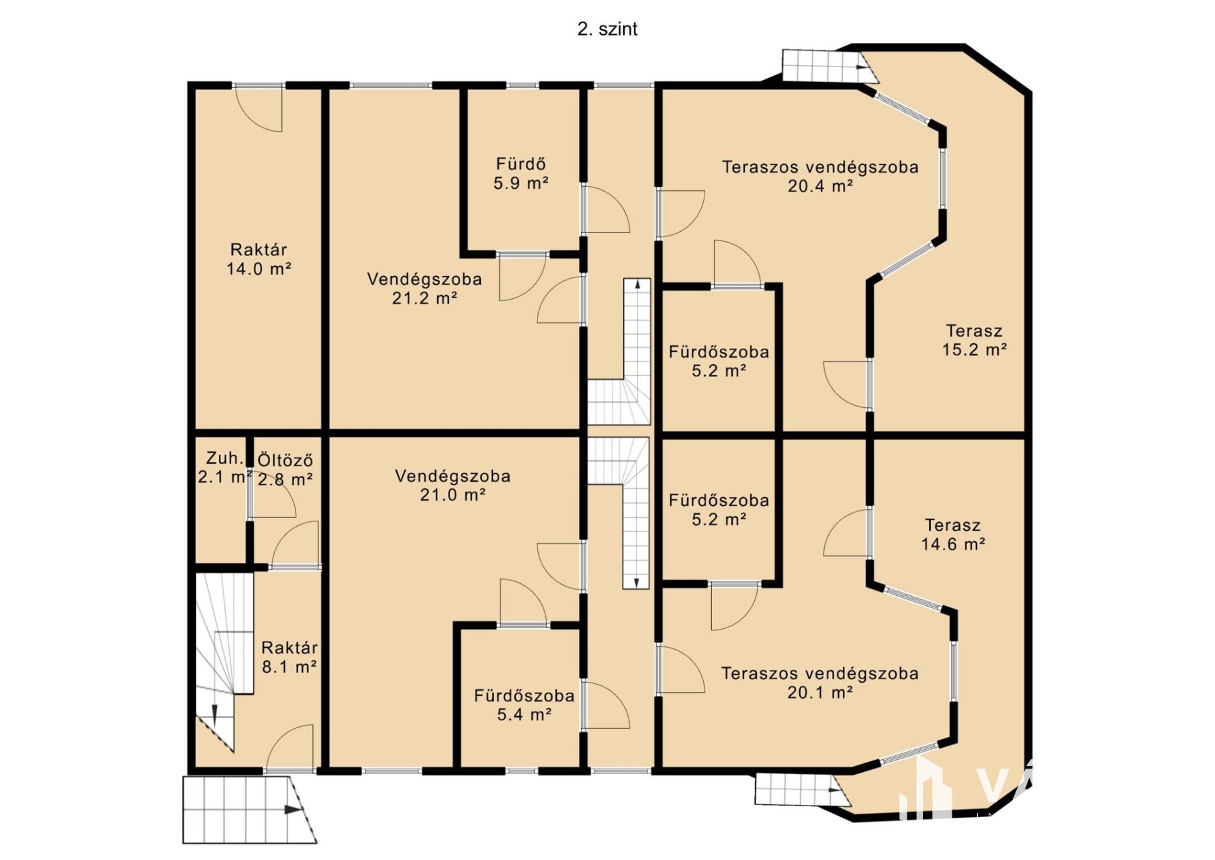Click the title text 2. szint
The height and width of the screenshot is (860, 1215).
click(607, 29)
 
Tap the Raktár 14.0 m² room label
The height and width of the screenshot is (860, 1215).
click(259, 259)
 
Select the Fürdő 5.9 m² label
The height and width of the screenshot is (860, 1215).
click(521, 173)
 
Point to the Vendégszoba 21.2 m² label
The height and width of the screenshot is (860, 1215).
click(424, 288)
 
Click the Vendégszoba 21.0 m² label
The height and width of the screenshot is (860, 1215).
click(453, 485)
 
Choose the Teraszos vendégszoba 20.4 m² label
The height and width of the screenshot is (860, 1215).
click(820, 176)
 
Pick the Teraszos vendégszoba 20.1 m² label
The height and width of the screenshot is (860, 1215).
click(820, 683)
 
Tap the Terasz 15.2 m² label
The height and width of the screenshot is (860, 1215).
click(975, 340)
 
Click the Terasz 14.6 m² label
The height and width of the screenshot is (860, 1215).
click(953, 534)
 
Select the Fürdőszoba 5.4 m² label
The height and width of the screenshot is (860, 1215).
click(524, 705)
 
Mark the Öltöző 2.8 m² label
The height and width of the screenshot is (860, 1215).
click(285, 470)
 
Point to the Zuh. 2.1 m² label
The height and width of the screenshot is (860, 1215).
click(224, 467)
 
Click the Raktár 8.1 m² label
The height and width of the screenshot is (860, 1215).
click(289, 657)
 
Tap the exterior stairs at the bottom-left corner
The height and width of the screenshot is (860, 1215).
click(249, 810)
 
